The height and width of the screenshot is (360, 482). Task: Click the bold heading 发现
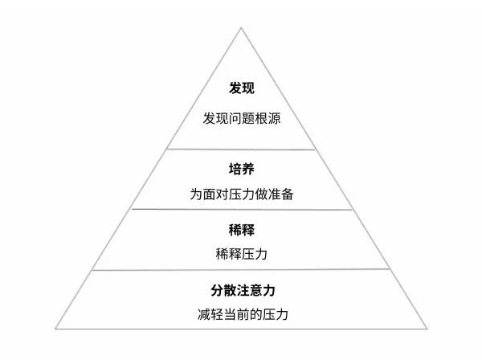click(242, 88)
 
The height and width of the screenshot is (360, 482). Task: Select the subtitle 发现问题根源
click(242, 118)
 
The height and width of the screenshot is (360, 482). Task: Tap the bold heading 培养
click(242, 169)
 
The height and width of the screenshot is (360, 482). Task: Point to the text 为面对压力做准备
click(242, 194)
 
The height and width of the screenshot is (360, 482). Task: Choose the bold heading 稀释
click(242, 230)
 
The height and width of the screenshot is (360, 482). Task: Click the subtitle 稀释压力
click(242, 254)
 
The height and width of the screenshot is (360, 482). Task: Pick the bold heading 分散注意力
click(243, 290)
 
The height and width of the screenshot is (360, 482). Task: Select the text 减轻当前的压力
click(243, 314)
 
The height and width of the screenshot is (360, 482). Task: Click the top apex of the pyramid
click(241, 28)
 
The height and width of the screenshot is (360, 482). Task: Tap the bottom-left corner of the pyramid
click(55, 329)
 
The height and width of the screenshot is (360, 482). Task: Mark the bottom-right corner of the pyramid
click(427, 329)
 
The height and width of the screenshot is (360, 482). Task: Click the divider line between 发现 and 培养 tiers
click(241, 149)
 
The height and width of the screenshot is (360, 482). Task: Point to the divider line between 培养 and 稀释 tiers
click(242, 210)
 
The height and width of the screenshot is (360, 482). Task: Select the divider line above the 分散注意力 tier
click(241, 270)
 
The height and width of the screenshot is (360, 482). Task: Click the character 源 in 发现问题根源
click(274, 118)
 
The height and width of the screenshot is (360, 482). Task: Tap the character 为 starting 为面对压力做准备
click(196, 194)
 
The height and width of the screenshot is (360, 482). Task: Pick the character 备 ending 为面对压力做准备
click(288, 194)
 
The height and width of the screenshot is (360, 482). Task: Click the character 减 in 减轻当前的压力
click(204, 314)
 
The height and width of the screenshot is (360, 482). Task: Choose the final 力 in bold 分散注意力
click(268, 290)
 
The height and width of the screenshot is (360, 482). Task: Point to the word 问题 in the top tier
click(242, 118)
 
